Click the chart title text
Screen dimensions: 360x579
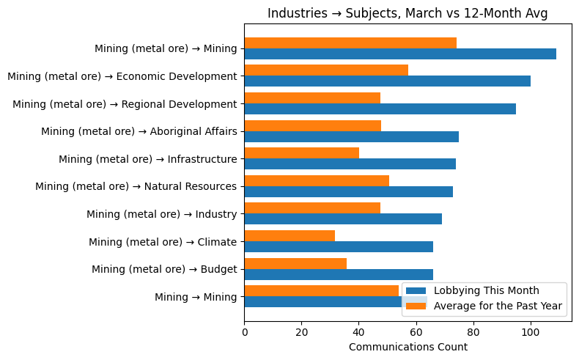pyautogui.click(x=407, y=13)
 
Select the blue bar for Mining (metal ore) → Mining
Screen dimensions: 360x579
pyautogui.click(x=399, y=54)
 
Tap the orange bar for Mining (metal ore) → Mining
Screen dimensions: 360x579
pyautogui.click(x=350, y=43)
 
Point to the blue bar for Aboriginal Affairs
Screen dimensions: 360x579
pyautogui.click(x=351, y=136)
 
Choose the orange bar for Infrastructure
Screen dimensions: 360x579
pyautogui.click(x=301, y=153)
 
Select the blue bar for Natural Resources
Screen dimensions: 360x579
pyautogui.click(x=348, y=191)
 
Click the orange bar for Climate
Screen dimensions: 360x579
pyautogui.click(x=289, y=236)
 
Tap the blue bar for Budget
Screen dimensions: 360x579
pyautogui.click(x=338, y=274)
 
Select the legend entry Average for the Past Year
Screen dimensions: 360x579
pyautogui.click(x=498, y=306)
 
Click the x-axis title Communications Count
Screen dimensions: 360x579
pyautogui.click(x=407, y=347)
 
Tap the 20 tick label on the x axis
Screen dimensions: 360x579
pyautogui.click(x=301, y=332)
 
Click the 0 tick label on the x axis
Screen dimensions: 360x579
pyautogui.click(x=244, y=332)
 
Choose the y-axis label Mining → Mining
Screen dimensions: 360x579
pyautogui.click(x=195, y=297)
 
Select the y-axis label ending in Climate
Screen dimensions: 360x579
pyautogui.click(x=162, y=242)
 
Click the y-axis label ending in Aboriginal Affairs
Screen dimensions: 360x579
pyautogui.click(x=139, y=131)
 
